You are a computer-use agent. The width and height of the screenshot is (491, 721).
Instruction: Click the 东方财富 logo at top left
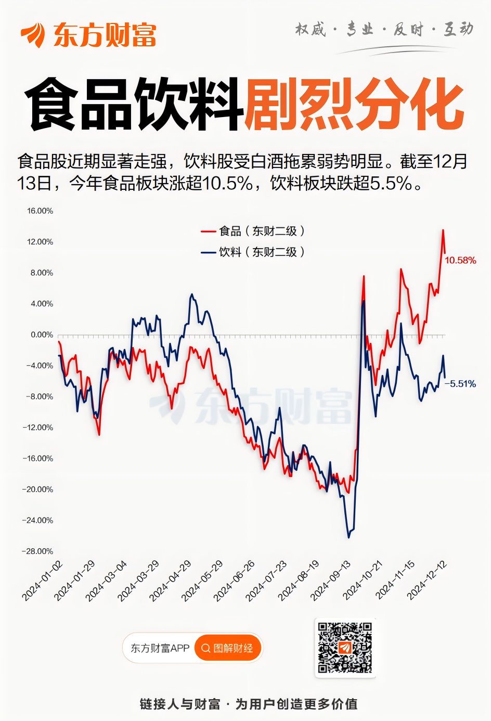[88, 35]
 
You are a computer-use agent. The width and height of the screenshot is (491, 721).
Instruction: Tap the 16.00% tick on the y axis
[40, 211]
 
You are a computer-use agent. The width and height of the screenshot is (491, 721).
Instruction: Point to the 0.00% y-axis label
[42, 335]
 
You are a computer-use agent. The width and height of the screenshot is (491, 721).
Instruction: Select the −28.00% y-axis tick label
[37, 551]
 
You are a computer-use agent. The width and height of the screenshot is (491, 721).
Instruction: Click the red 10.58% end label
[460, 261]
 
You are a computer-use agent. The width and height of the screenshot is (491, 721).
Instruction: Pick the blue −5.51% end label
[460, 384]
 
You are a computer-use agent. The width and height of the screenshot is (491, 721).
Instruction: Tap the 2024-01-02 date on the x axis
[43, 581]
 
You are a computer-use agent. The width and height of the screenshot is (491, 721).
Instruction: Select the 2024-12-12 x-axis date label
[427, 581]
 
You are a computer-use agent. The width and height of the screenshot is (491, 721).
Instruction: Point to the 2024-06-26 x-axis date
[235, 581]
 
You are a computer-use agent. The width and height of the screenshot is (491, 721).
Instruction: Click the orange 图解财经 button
[228, 648]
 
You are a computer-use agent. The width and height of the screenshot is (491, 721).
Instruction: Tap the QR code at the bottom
[345, 648]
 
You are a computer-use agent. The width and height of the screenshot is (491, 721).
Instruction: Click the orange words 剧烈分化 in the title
[354, 104]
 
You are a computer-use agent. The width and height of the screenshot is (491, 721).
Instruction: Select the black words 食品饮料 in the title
[134, 104]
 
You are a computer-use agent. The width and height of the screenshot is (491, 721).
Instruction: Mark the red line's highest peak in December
[443, 230]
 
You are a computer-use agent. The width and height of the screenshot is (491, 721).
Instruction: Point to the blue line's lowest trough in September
[348, 537]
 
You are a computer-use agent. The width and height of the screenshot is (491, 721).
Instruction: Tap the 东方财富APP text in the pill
[160, 648]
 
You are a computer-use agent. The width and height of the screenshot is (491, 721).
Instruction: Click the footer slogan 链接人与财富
[180, 704]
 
